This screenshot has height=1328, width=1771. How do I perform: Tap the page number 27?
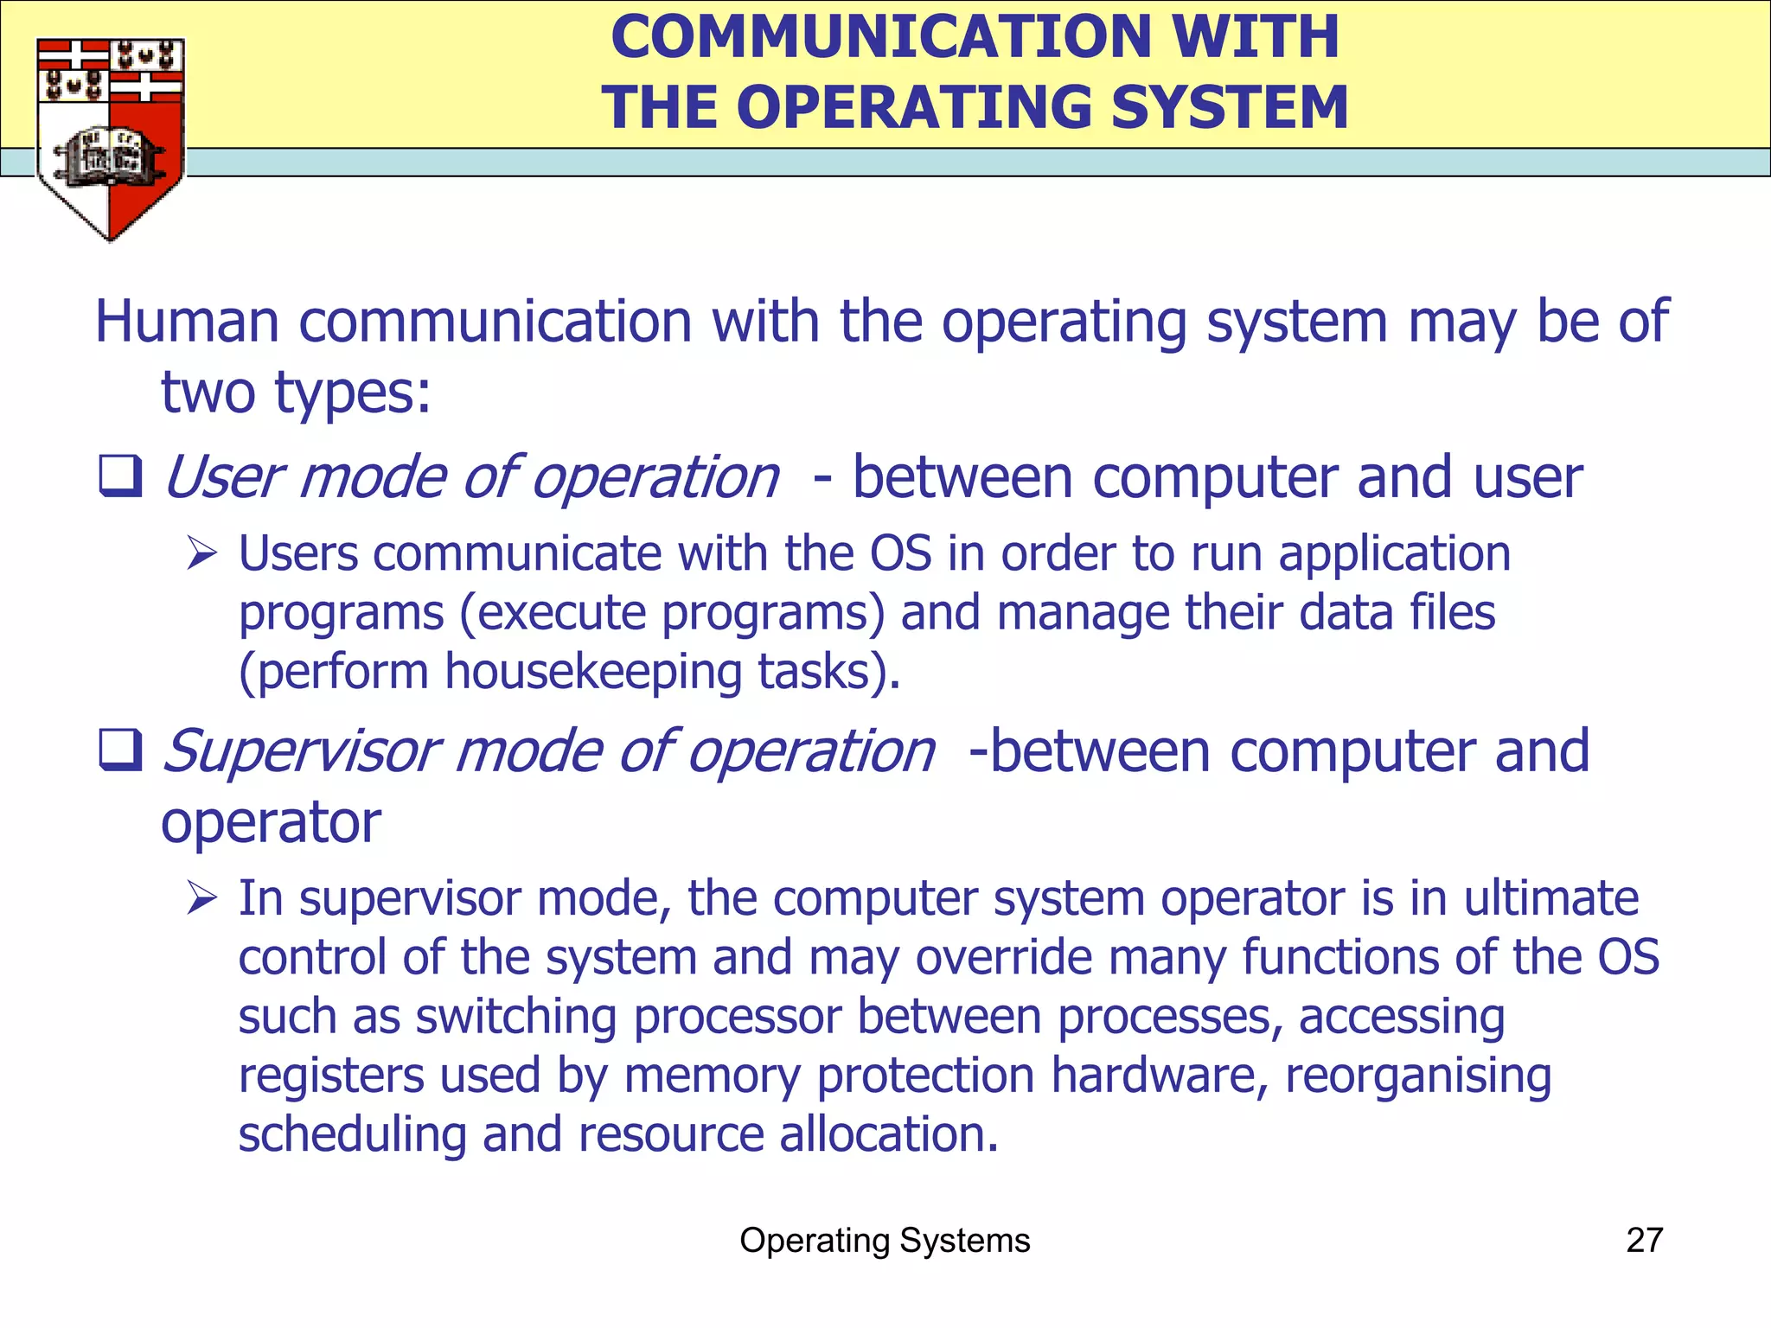tap(1644, 1241)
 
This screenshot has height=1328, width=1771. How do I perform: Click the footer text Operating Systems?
tap(885, 1241)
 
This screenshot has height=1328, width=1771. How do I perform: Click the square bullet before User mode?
tap(120, 476)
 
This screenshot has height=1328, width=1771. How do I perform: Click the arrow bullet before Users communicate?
tap(201, 553)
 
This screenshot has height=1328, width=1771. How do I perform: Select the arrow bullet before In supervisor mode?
tap(201, 898)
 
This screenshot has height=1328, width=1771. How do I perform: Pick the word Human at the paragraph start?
tap(187, 322)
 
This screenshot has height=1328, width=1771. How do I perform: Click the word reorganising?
tap(1418, 1076)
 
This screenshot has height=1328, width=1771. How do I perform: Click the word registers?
tap(331, 1076)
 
